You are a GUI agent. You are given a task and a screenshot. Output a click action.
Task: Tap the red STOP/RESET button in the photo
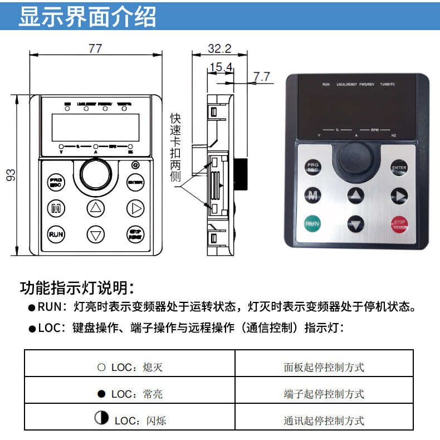point(399,224)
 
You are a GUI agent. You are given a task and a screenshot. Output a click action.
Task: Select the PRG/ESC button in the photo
point(312,167)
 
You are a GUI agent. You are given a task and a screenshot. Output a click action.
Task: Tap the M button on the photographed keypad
point(312,195)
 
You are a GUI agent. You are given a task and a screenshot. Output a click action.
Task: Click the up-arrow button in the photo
point(356,195)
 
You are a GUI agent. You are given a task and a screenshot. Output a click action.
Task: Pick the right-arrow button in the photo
point(399,195)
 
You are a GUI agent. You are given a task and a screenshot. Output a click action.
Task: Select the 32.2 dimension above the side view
point(219,48)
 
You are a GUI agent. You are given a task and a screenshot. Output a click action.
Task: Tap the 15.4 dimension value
point(220,67)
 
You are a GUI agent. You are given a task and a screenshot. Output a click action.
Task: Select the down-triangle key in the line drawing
point(96,234)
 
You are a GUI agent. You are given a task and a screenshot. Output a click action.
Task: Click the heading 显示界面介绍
point(87,17)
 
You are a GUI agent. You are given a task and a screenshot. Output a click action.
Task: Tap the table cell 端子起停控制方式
point(324,394)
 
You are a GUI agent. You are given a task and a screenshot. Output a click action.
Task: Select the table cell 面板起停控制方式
point(324,367)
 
